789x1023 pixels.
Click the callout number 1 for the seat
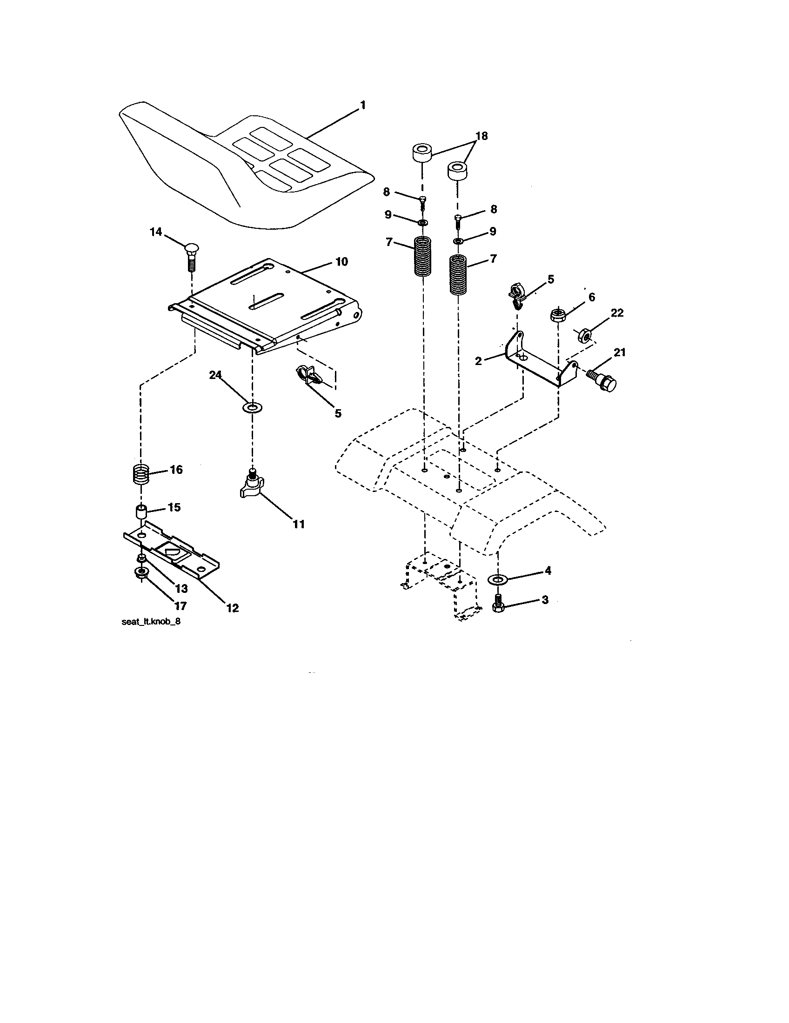coord(362,106)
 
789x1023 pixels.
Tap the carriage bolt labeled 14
coord(191,257)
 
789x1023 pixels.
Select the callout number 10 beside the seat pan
coord(341,262)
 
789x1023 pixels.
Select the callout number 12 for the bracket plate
coord(233,608)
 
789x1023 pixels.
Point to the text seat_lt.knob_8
coord(150,623)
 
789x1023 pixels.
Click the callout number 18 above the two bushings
coord(481,136)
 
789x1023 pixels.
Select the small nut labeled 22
coord(584,335)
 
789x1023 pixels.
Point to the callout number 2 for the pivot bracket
coord(478,361)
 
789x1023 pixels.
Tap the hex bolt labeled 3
coord(498,603)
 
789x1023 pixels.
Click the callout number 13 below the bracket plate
coord(181,589)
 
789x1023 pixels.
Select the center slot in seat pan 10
coord(267,301)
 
